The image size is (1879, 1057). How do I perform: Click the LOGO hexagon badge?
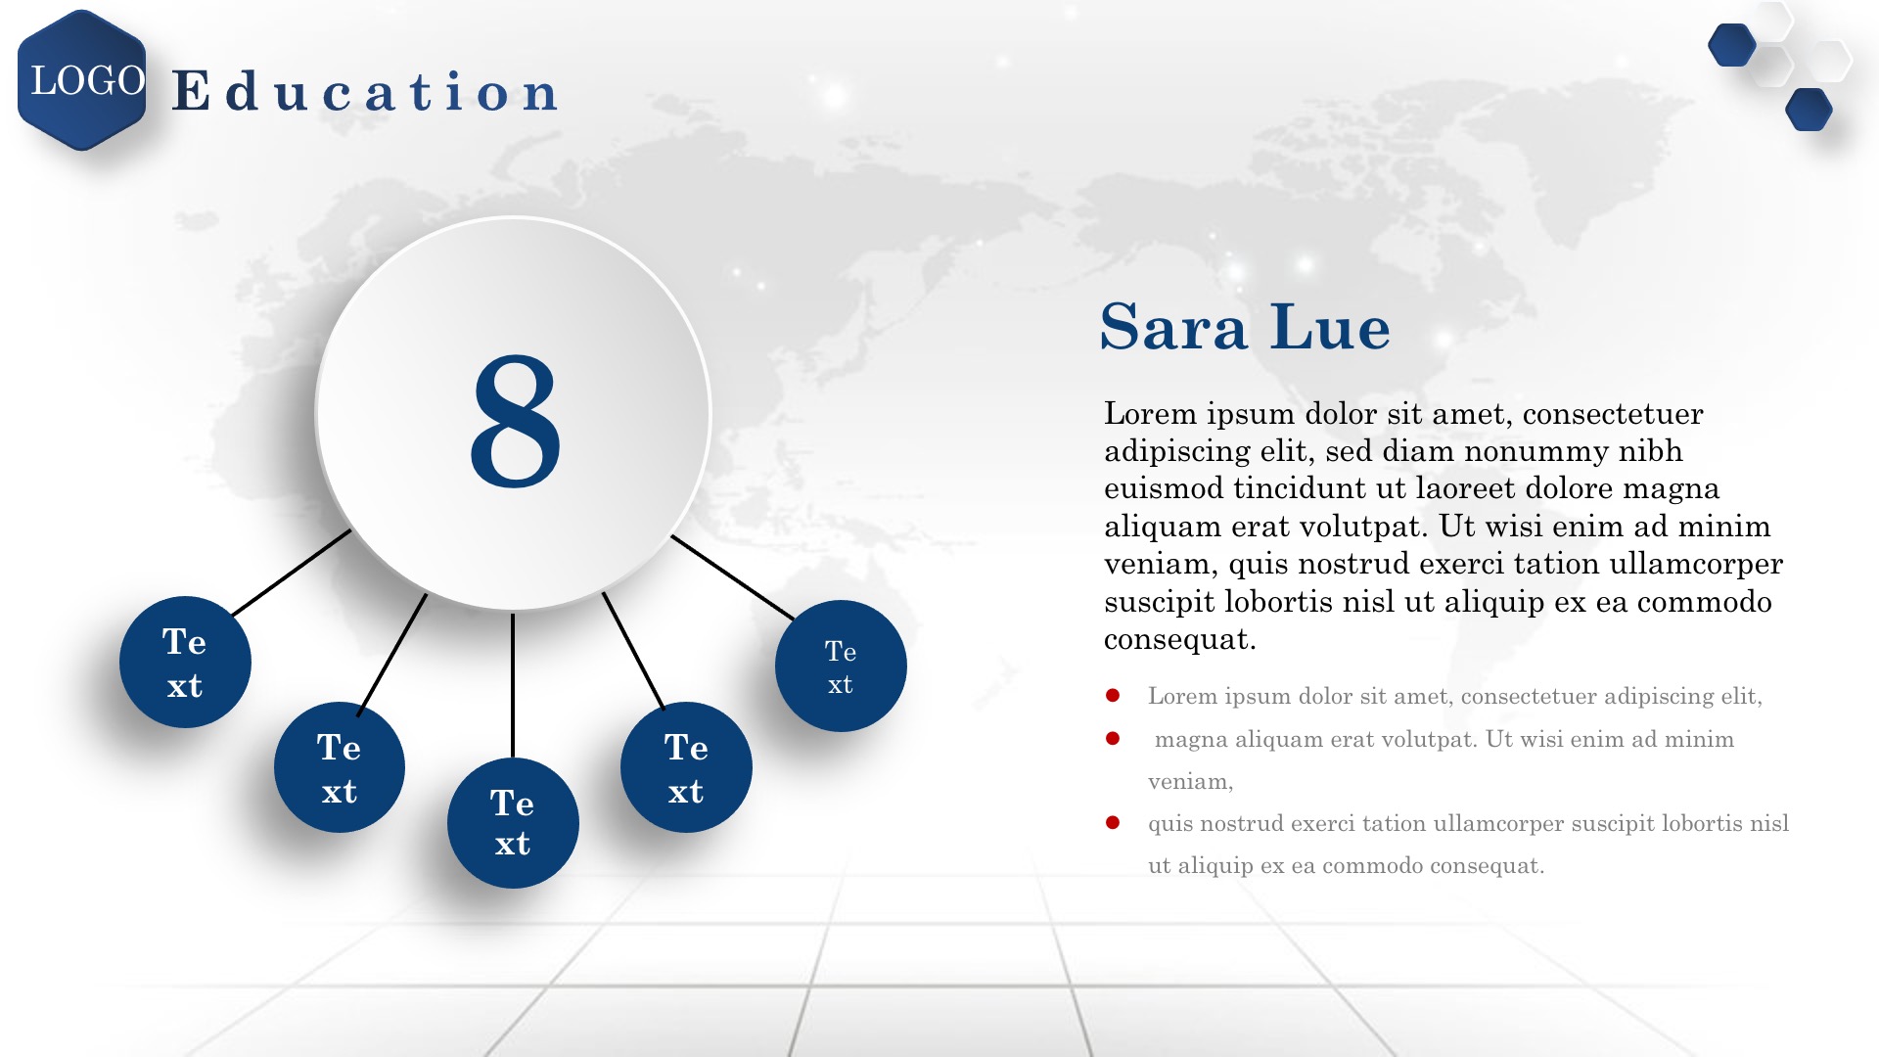pos(82,80)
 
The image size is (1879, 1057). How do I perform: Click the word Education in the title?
pos(365,91)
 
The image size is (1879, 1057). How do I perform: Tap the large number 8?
pos(516,421)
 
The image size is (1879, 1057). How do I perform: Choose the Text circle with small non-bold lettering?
pos(841,666)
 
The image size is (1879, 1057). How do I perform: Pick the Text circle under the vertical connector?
pos(513,823)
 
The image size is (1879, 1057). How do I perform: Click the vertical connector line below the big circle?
pos(513,685)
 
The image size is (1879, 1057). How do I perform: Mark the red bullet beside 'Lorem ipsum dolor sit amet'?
pos(1113,696)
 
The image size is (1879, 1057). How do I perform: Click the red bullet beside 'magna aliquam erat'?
pos(1113,738)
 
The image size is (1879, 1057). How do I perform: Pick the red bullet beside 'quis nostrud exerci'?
pos(1113,822)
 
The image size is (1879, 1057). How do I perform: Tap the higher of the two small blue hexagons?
pos(1732,45)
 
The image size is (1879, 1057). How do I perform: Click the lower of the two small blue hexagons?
pos(1809,110)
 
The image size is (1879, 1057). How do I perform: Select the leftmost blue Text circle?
pos(185,663)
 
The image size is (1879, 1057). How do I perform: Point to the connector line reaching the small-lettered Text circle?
pos(733,577)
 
